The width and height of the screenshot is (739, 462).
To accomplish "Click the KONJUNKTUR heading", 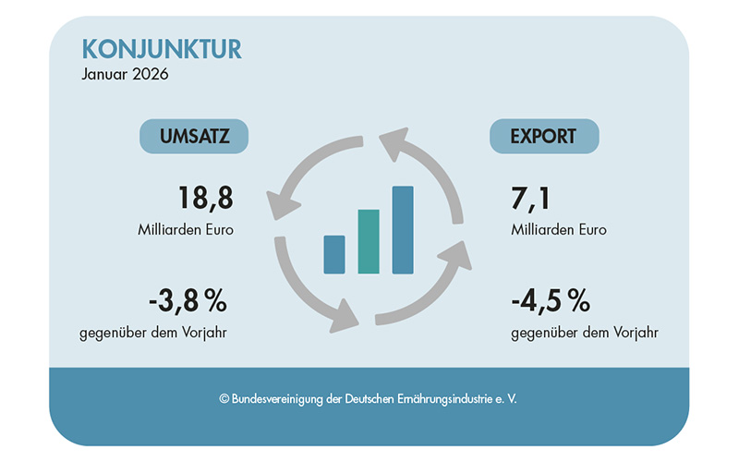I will point(162,48).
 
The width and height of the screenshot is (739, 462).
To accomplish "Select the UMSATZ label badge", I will point(195,137).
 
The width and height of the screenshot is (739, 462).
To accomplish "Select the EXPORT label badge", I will point(543,137).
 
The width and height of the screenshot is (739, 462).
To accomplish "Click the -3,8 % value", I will point(188,301).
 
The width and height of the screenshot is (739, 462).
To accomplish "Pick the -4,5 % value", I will point(550,301).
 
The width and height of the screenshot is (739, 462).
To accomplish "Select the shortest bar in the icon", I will point(334,254).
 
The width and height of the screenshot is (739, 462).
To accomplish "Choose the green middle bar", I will point(369,241).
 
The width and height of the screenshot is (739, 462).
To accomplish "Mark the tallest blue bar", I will point(403,230).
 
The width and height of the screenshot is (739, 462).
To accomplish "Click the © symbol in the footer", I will point(224,399).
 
